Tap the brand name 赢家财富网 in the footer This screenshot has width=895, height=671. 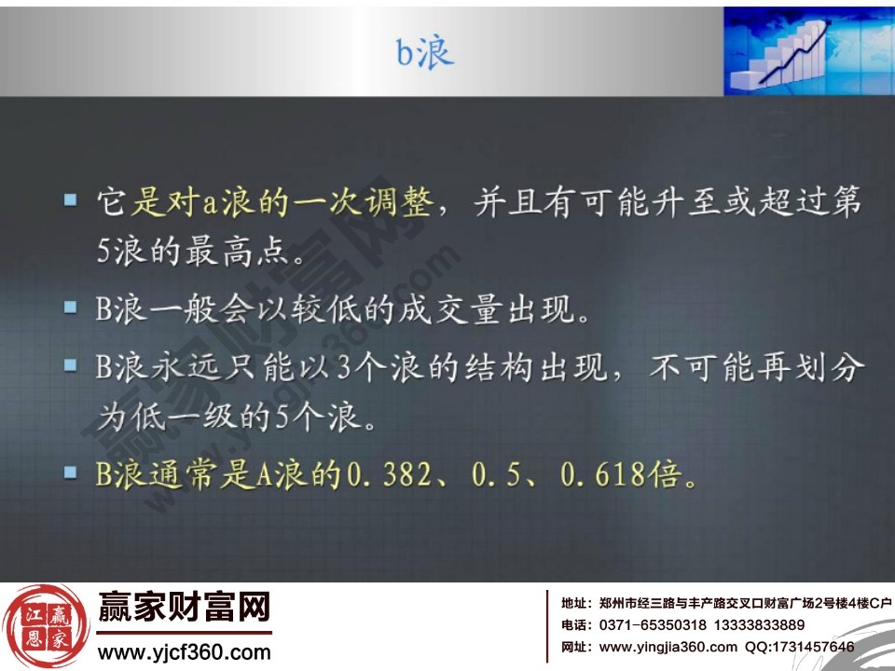184,609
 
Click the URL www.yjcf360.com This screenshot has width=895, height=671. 184,651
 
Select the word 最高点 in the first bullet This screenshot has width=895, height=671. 263,252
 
